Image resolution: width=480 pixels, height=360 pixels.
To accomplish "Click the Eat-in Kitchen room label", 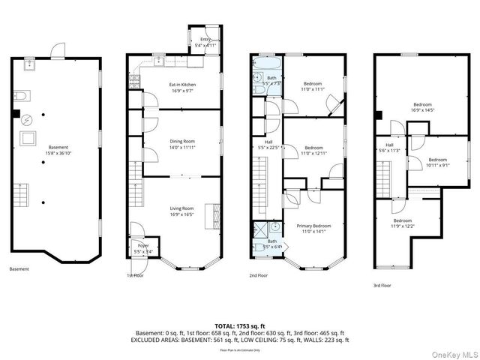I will pos(182,85).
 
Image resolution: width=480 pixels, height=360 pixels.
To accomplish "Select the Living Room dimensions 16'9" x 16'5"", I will pos(182,214).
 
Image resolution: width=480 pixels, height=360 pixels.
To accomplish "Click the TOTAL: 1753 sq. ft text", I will pos(239,325).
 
